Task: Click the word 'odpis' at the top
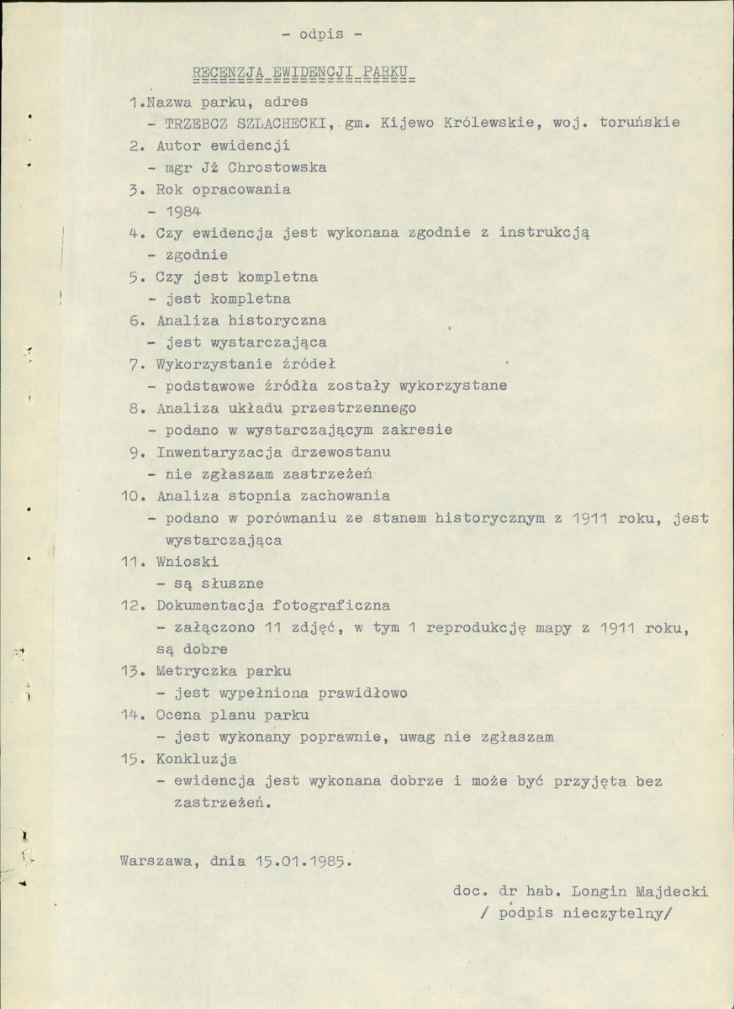[x=319, y=34]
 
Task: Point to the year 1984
[x=182, y=211]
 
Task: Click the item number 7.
[x=135, y=365]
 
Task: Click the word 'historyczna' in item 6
[x=274, y=320]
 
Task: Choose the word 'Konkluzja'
[x=195, y=759]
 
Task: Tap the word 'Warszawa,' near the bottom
[x=157, y=862]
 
